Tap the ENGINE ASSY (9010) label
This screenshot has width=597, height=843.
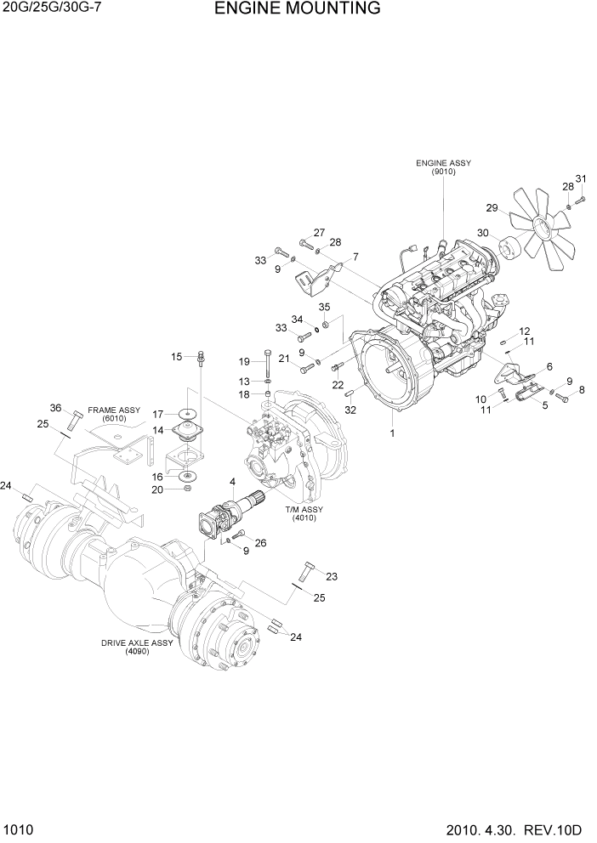tap(443, 167)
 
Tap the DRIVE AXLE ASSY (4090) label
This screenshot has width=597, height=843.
tap(137, 647)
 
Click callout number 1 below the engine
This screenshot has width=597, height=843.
tap(392, 433)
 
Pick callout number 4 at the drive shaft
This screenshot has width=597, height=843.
tap(232, 484)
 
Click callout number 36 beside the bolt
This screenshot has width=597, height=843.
tap(56, 408)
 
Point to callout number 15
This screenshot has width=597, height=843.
tap(177, 357)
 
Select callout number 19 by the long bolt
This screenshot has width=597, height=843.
tap(243, 362)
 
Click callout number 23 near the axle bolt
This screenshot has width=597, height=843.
tap(331, 576)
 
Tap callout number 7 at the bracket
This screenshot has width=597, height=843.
tap(355, 257)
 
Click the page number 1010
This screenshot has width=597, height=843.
tap(17, 829)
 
